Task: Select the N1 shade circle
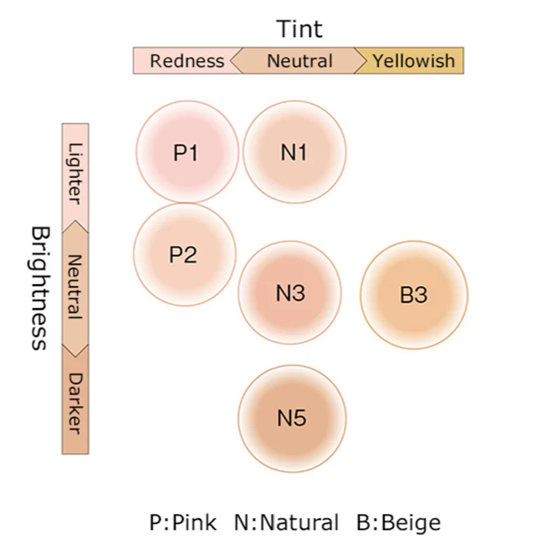click(x=294, y=152)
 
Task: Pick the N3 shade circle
click(x=290, y=293)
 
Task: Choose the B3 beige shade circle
click(x=414, y=294)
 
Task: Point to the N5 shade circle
click(x=292, y=418)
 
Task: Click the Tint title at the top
click(x=299, y=29)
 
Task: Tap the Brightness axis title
click(x=40, y=287)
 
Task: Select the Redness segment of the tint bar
click(x=185, y=61)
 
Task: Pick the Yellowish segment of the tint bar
click(x=413, y=61)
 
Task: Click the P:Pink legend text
click(x=183, y=522)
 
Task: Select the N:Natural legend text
click(x=287, y=522)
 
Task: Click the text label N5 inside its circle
click(x=292, y=418)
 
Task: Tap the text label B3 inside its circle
click(x=414, y=295)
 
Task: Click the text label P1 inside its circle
click(x=185, y=153)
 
